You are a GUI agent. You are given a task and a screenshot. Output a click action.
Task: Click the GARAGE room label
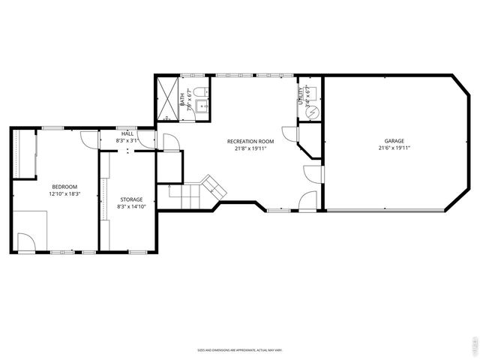(394, 141)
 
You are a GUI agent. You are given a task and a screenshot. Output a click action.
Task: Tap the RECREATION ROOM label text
(251, 141)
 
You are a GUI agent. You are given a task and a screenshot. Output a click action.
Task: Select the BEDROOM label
(64, 186)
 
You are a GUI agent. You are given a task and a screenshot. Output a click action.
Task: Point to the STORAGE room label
(130, 199)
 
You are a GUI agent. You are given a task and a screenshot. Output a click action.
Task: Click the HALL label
(127, 134)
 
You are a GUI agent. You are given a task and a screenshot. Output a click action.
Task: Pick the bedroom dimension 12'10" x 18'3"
(64, 193)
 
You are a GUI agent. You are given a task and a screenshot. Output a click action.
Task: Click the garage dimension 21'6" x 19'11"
(394, 148)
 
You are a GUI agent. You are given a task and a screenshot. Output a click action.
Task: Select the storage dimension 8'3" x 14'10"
(130, 207)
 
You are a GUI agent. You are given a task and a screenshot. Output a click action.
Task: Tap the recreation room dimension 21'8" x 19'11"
(251, 148)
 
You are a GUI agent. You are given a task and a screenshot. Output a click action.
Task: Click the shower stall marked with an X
(166, 97)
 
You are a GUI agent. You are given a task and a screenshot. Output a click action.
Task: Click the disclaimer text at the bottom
(239, 350)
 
